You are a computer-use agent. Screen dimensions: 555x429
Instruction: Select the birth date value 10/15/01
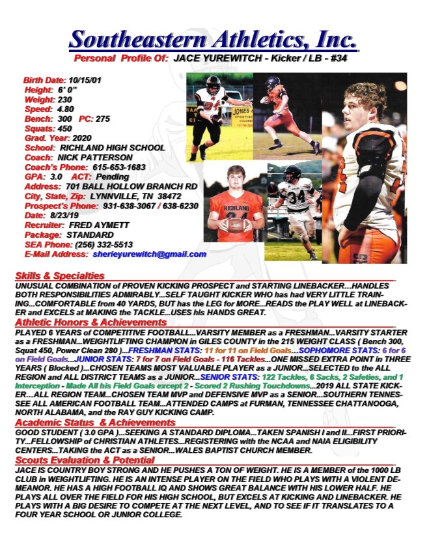(x=85, y=79)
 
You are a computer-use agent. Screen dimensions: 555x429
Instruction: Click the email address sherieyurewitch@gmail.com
(x=149, y=254)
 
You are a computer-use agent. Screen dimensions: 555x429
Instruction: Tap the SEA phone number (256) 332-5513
(x=98, y=244)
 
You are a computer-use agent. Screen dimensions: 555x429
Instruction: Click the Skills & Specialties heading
(x=59, y=276)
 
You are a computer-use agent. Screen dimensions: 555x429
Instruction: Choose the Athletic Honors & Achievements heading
(x=90, y=322)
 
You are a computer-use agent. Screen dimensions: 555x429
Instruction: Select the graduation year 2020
(x=81, y=138)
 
